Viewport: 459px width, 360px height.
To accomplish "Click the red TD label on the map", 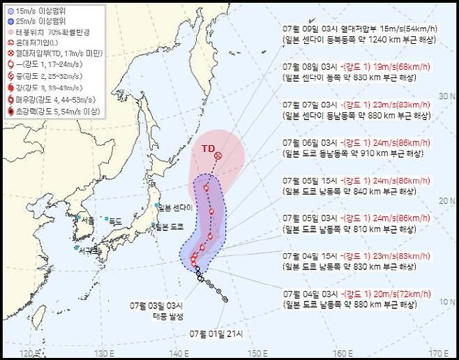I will tap(208, 149).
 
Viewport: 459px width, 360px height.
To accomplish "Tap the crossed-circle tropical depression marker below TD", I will tap(218, 156).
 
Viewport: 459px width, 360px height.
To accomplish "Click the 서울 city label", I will tap(87, 220).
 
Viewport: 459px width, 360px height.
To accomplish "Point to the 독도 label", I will tap(115, 220).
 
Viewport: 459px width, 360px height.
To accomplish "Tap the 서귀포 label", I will tap(89, 250).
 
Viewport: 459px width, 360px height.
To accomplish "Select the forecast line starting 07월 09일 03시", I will tap(360, 29).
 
